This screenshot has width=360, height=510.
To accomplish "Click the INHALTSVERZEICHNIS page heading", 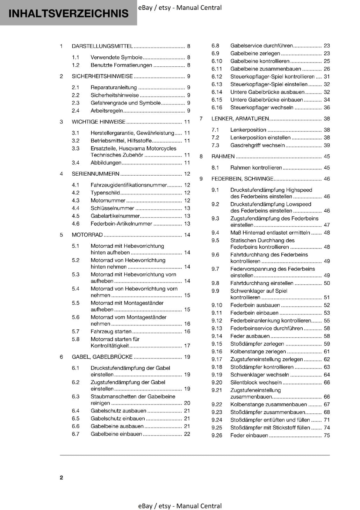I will [x=68, y=13].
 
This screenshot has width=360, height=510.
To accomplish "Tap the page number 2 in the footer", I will [x=61, y=477].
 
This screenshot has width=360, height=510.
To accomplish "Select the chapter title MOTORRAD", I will [x=87, y=235].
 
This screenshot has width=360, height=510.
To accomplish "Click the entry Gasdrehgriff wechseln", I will [x=257, y=145].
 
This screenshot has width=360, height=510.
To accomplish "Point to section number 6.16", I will [x=217, y=108].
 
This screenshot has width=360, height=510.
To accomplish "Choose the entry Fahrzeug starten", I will [x=111, y=331].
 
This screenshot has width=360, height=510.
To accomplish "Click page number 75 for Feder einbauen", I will [x=327, y=435].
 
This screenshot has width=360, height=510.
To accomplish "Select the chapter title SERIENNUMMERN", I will [x=96, y=174].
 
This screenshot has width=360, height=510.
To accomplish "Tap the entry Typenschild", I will [x=105, y=193].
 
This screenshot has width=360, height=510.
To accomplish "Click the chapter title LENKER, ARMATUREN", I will [x=240, y=119].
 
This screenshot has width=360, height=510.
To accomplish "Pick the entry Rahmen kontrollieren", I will [x=256, y=168].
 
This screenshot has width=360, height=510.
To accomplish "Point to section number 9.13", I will [x=217, y=328].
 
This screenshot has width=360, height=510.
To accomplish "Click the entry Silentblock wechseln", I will [x=256, y=382].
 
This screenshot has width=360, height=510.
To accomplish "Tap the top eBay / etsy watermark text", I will [x=180, y=8].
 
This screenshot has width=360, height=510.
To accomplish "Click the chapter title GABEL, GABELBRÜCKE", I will [x=102, y=357].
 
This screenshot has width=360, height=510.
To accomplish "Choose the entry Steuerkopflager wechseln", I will [x=262, y=108].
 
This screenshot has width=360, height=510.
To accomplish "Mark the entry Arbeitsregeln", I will [x=106, y=111].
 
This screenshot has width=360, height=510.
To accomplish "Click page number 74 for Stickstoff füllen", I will [x=327, y=428].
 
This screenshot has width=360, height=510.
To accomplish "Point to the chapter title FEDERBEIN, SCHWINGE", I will [x=242, y=179].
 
